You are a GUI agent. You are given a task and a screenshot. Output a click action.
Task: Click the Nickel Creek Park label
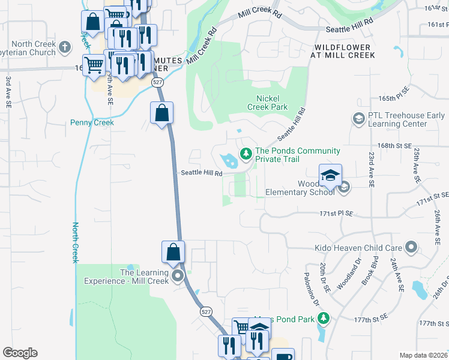tap(268, 103)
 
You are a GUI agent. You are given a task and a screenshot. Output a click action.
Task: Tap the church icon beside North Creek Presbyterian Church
tap(65, 46)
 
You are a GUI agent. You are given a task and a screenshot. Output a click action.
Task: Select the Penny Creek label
tap(92, 122)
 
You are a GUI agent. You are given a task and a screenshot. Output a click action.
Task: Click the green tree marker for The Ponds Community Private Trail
tap(246, 155)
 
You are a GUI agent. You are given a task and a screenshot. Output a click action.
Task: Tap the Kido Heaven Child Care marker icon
tap(411, 247)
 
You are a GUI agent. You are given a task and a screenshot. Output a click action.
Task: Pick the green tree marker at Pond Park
tap(324, 317)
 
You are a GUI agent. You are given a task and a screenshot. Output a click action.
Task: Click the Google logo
tap(20, 353)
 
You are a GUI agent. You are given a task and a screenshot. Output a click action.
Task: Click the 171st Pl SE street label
tap(336, 214)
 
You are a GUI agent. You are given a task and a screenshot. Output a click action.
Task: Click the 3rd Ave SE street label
tap(8, 91)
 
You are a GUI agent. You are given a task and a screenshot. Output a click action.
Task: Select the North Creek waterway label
tap(76, 242)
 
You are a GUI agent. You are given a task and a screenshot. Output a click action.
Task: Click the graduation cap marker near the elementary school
tap(330, 175)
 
